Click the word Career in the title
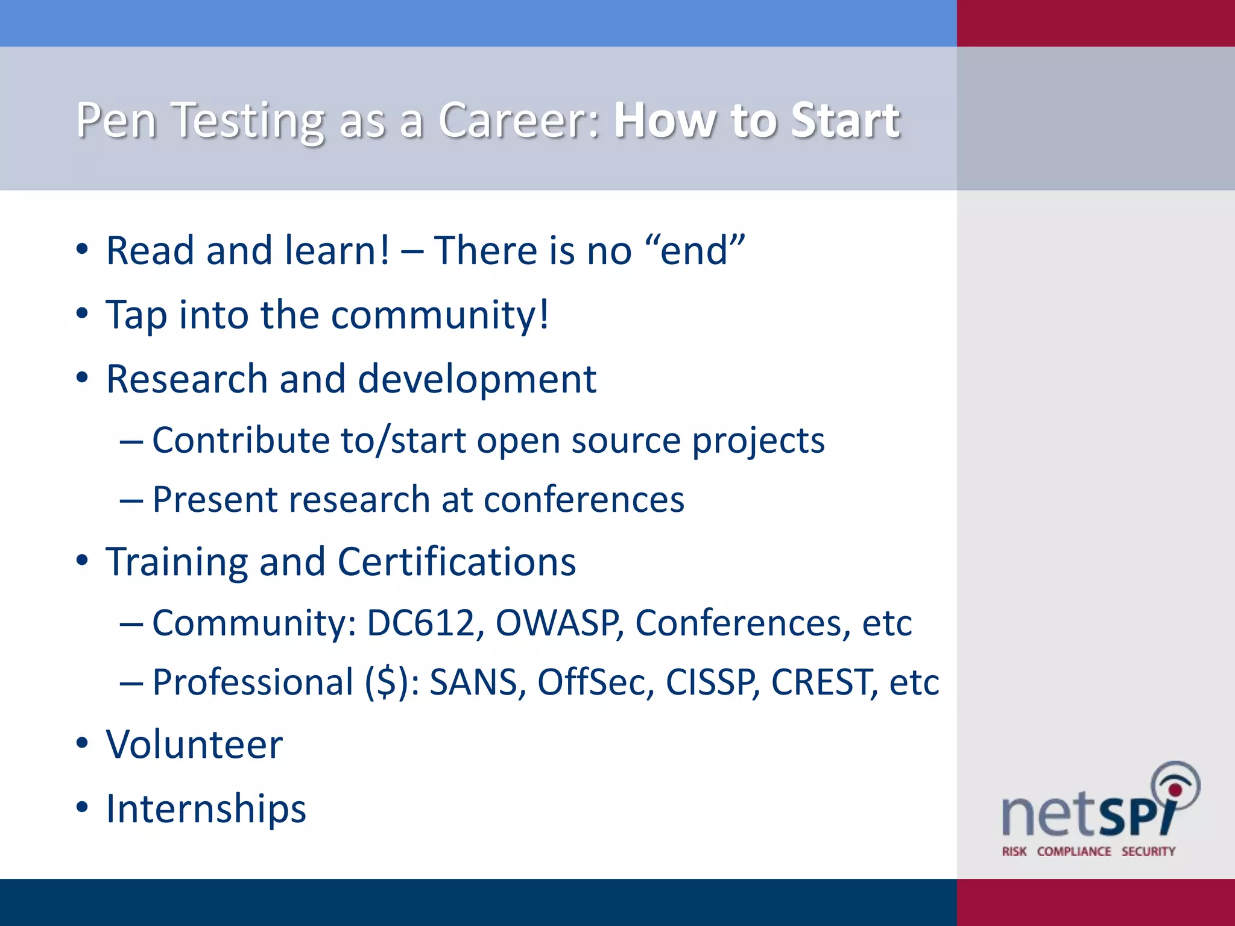pyautogui.click(x=519, y=121)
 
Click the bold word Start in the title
pyautogui.click(x=845, y=121)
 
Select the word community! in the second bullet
pyautogui.click(x=440, y=315)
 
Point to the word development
pyautogui.click(x=477, y=380)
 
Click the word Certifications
pyautogui.click(x=456, y=562)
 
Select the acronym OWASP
pyautogui.click(x=558, y=623)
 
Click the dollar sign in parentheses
pyautogui.click(x=389, y=682)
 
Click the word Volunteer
pyautogui.click(x=194, y=745)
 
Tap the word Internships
pyautogui.click(x=206, y=809)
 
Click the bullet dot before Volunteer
pyautogui.click(x=83, y=744)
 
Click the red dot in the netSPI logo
pyautogui.click(x=1175, y=790)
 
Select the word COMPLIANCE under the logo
pyautogui.click(x=1073, y=851)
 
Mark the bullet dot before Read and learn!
pyautogui.click(x=83, y=250)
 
